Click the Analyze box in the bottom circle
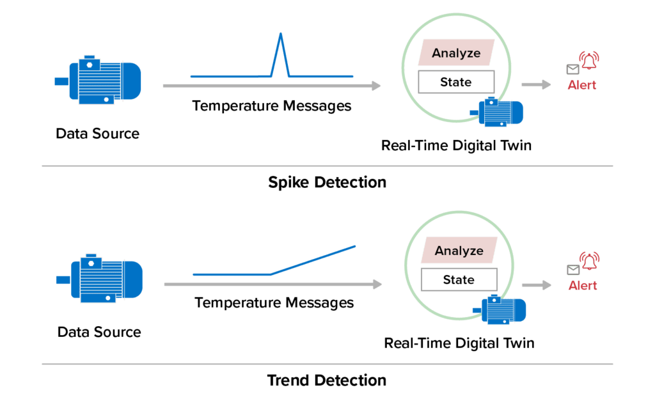pos(459,251)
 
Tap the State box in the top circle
pos(456,82)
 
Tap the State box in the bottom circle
pos(458,279)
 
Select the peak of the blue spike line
pos(280,34)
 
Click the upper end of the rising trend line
pos(354,246)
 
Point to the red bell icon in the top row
pos(588,62)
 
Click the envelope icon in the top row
pos(572,69)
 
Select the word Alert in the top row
pos(582,85)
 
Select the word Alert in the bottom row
pos(583,285)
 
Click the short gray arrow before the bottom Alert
pos(537,285)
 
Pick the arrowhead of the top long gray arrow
pos(376,85)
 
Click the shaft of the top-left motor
pos(61,81)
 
